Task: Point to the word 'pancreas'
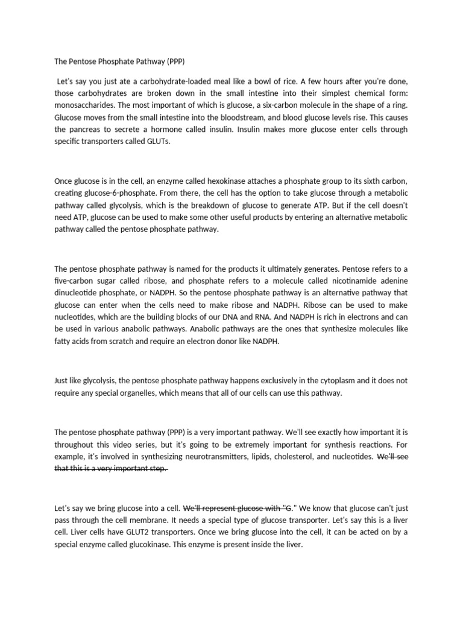coord(86,129)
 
